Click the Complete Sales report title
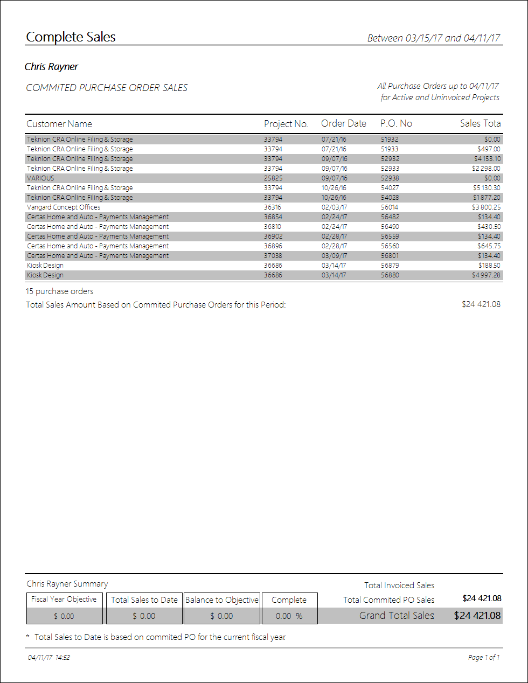71,37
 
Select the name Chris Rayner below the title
51,67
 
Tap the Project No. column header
286,124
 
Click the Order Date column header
343,123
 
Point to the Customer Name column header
59,124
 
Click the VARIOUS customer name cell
40,178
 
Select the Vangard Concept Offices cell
64,207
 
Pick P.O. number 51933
390,149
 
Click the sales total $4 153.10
487,159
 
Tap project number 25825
273,178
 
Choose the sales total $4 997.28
486,275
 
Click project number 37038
273,256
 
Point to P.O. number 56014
390,207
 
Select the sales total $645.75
489,246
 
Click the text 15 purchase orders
60,291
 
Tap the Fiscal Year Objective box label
64,600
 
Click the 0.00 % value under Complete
289,616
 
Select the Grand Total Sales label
397,616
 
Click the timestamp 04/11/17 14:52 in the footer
49,658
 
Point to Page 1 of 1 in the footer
484,658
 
